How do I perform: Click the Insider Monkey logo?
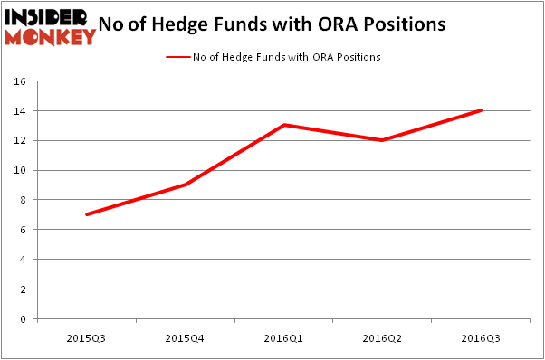pos(49,25)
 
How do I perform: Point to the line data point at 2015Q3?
pos(87,214)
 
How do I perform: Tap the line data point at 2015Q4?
pos(186,185)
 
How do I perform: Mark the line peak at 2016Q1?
pos(284,125)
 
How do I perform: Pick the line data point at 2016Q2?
pos(383,140)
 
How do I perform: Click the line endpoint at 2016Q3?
pos(481,110)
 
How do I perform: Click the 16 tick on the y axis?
pos(21,81)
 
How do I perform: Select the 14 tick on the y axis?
pos(21,111)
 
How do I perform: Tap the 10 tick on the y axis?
pos(21,170)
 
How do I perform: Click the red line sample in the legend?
pos(177,56)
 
